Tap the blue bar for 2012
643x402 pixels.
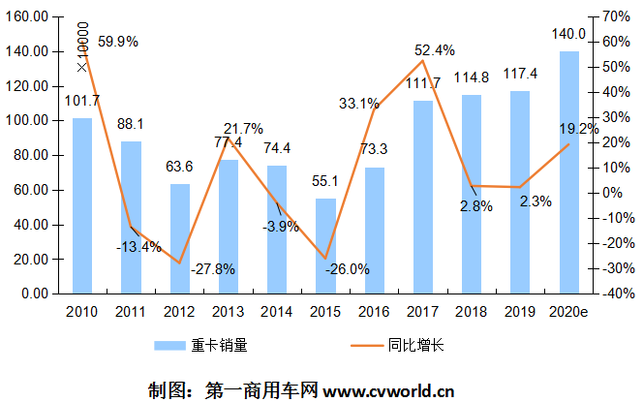pyautogui.click(x=180, y=238)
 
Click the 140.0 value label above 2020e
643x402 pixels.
pyautogui.click(x=569, y=35)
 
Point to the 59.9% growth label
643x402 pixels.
pyautogui.click(x=118, y=42)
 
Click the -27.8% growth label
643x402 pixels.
pyautogui.click(x=213, y=269)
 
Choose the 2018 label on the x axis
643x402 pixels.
pyautogui.click(x=472, y=311)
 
